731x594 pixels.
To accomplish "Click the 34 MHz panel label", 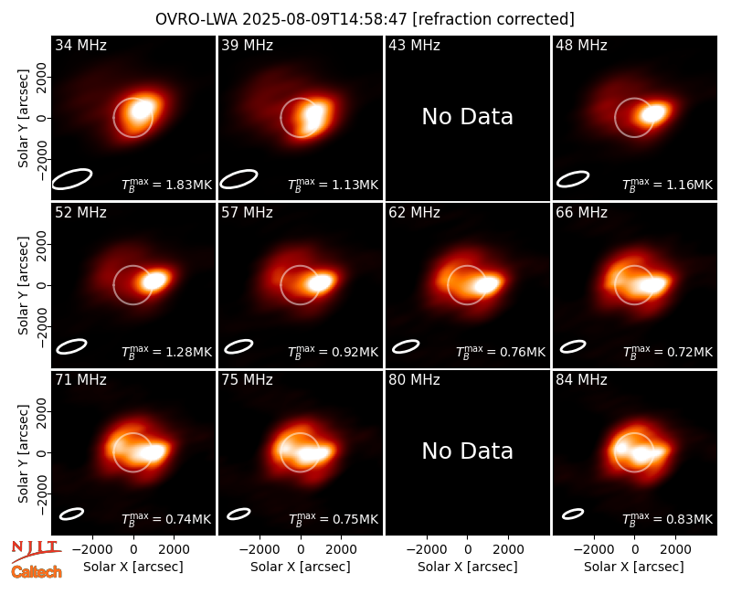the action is [x=80, y=45].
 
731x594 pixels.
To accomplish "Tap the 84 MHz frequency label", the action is [x=581, y=380].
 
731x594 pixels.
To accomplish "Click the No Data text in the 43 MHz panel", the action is [x=468, y=117].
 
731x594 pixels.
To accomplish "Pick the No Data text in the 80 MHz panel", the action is [x=468, y=451].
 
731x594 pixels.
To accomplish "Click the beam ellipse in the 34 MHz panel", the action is [x=72, y=179].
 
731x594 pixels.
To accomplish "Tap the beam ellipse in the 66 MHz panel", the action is [x=573, y=346].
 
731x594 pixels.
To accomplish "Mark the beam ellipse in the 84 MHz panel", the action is [x=573, y=514].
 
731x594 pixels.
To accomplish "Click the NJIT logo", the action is [x=36, y=550].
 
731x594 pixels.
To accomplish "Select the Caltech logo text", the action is [x=37, y=572].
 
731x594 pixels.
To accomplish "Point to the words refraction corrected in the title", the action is [x=493, y=19].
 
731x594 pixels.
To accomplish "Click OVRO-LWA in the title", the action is [x=196, y=19].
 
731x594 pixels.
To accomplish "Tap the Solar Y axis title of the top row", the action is [x=23, y=119].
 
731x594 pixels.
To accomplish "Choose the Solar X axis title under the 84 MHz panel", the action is [x=634, y=567].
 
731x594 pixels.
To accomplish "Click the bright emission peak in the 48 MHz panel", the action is [x=652, y=113].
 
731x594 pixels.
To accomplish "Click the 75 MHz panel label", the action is [x=247, y=380].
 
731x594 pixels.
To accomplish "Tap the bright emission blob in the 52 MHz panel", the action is [x=154, y=281].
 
